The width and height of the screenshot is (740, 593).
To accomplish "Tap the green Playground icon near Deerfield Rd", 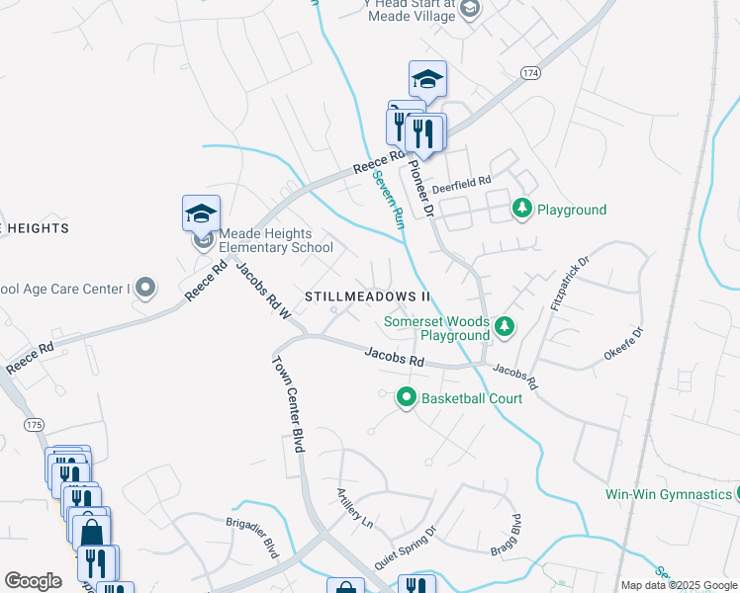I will (x=521, y=209).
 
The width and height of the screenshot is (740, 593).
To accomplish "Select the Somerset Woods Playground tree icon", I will (x=505, y=325).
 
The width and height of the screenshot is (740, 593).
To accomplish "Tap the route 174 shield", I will (x=531, y=73).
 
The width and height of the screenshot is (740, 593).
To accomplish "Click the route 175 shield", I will (x=35, y=424).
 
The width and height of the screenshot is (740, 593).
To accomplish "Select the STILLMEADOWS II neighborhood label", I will (x=368, y=296).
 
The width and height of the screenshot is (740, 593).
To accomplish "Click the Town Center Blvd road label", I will (x=288, y=402).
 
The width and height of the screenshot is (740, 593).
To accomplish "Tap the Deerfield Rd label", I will (x=461, y=182).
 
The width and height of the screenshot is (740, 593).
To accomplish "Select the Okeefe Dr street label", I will (x=623, y=344).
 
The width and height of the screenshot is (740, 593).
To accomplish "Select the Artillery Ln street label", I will (x=353, y=508).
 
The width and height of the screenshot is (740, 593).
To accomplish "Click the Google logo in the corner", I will (x=33, y=581).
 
